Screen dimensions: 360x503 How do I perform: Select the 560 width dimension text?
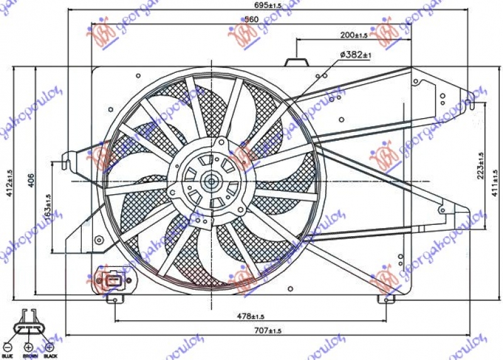[x=251, y=19]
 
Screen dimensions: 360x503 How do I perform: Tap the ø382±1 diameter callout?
[x=356, y=55]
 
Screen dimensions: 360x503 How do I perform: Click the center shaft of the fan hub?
[x=211, y=181]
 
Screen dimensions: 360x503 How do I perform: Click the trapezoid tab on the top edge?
[x=296, y=62]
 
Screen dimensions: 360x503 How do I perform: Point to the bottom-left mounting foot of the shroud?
[x=115, y=298]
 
